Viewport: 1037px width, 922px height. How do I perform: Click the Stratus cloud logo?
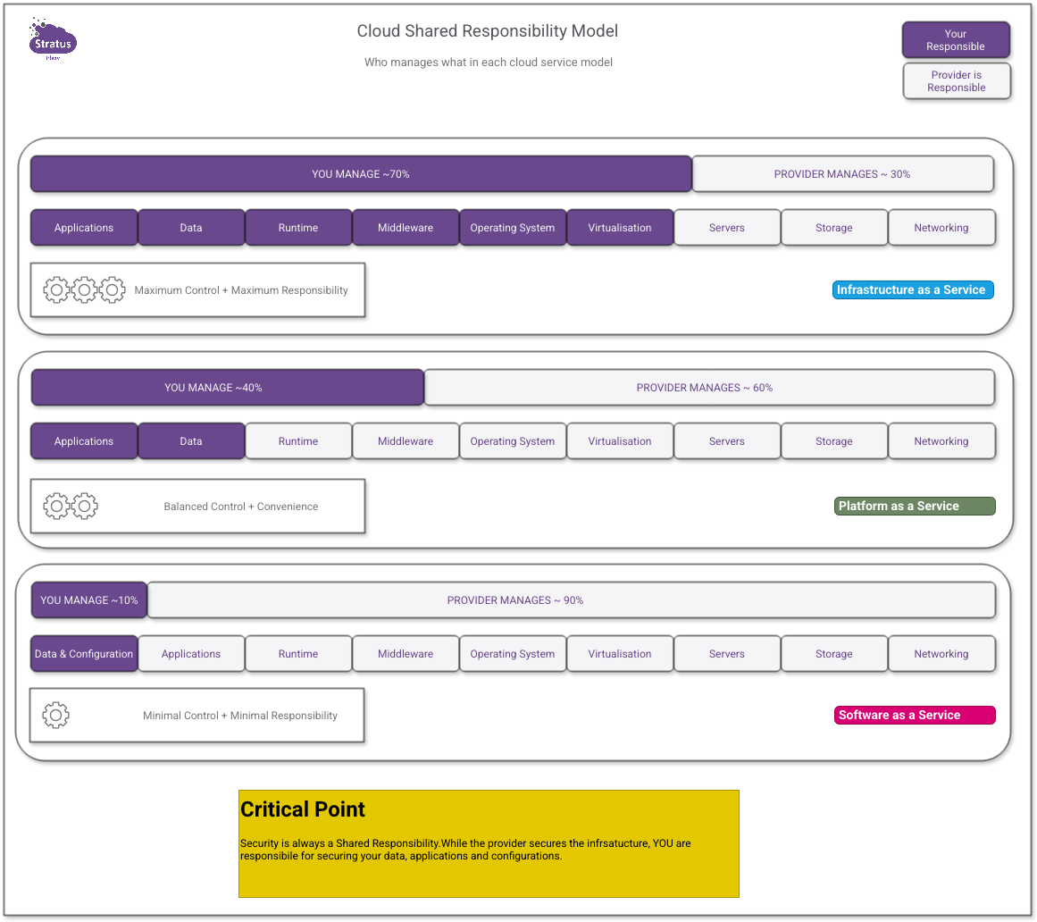pos(54,40)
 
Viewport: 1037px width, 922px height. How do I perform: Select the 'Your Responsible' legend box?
pos(956,40)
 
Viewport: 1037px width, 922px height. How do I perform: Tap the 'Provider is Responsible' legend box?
pos(956,81)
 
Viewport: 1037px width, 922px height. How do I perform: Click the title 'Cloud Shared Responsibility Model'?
pos(487,31)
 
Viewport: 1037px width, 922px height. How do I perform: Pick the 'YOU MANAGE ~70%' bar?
pos(361,174)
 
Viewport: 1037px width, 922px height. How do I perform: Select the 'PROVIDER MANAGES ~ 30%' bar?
pos(842,174)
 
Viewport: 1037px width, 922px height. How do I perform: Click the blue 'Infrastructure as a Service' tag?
pos(912,289)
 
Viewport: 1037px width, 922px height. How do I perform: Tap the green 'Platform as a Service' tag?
pos(914,506)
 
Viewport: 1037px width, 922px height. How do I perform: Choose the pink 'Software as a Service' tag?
pos(914,715)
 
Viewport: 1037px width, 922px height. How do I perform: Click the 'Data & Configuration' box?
pos(84,654)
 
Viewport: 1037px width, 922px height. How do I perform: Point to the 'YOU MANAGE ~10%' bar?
pos(89,600)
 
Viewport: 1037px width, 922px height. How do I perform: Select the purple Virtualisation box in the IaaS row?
pos(620,228)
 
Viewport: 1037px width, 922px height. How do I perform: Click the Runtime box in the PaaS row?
pos(298,441)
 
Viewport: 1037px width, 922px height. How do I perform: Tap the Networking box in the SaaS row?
pos(941,654)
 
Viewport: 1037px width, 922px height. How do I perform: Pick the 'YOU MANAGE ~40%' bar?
pos(227,388)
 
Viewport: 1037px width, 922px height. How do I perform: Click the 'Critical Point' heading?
pos(303,809)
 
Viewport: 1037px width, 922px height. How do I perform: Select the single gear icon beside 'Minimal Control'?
pos(56,715)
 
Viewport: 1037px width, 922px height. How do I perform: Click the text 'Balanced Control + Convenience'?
pos(241,507)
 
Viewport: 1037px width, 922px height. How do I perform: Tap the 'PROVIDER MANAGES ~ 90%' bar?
pos(571,600)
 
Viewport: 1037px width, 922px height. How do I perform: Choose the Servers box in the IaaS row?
pos(727,228)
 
